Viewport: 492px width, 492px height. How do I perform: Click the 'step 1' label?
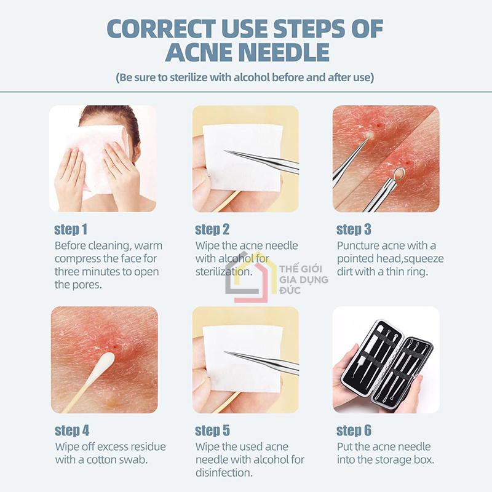71,229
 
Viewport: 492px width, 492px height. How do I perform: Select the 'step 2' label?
212,229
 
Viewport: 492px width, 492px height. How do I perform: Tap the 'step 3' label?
354,229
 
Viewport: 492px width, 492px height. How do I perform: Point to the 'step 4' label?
72,430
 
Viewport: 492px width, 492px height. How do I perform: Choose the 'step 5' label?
212,430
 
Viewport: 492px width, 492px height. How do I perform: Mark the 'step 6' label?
354,430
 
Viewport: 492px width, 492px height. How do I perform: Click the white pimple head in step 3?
370,135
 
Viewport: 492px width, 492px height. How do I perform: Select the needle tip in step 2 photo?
225,151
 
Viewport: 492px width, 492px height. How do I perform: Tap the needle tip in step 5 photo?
225,352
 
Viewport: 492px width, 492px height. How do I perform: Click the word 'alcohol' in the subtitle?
252,77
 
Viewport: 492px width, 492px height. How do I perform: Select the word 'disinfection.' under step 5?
224,472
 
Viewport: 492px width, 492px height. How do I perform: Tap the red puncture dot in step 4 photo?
116,346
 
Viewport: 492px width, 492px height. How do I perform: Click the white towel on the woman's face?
96,157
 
